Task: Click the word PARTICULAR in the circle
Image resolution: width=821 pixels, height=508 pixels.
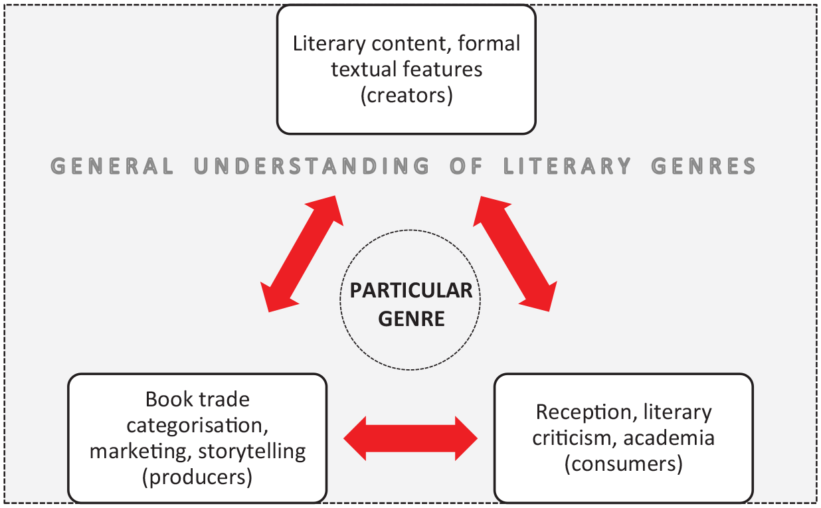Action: tap(411, 291)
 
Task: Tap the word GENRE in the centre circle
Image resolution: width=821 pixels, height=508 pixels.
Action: tap(411, 319)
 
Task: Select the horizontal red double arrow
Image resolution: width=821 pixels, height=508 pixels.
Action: tap(410, 438)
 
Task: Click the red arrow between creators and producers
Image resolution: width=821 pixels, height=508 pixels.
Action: tap(302, 254)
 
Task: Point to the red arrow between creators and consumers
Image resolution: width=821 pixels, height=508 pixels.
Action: tap(515, 254)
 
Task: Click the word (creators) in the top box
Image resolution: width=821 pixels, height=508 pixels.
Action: tap(407, 96)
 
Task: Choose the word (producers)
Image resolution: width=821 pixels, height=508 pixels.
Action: tap(197, 477)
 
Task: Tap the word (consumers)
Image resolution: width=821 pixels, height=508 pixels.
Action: tap(624, 464)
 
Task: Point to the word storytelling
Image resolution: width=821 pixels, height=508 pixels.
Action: tap(252, 452)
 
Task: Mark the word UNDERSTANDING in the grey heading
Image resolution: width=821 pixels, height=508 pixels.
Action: tap(312, 166)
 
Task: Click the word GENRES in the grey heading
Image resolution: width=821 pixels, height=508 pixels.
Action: tap(703, 166)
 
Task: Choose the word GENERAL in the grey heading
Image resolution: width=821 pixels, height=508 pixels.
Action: tap(112, 166)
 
